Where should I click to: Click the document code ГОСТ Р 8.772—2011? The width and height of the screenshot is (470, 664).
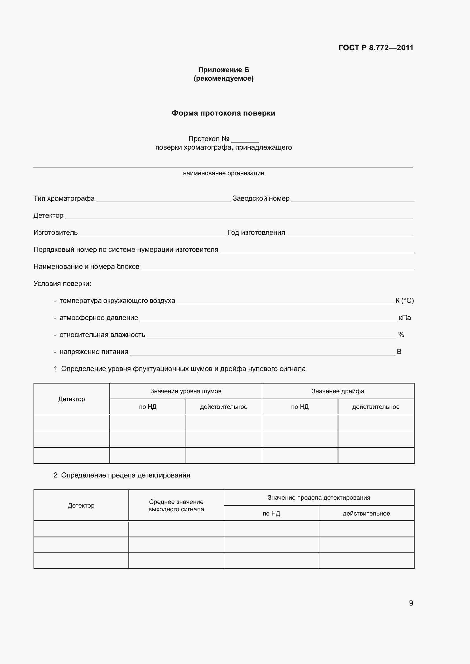click(x=376, y=48)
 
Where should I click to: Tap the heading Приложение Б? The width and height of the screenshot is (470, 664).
click(x=223, y=70)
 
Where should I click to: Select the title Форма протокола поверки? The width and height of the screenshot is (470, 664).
click(x=223, y=113)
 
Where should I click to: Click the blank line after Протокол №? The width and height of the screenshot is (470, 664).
click(x=245, y=140)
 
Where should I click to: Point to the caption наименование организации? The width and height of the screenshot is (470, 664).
click(x=223, y=173)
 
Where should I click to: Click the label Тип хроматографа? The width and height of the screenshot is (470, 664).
click(x=64, y=198)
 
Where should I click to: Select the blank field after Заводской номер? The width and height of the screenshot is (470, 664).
click(x=352, y=199)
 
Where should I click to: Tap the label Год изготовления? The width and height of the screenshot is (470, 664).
click(x=256, y=232)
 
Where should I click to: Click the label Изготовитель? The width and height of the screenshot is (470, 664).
click(x=56, y=232)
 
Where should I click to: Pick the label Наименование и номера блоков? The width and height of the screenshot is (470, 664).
click(x=86, y=267)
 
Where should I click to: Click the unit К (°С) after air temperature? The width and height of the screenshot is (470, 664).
click(x=405, y=301)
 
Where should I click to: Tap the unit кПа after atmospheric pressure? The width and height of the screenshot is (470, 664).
click(x=405, y=318)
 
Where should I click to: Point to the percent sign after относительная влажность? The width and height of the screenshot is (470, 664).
click(x=401, y=335)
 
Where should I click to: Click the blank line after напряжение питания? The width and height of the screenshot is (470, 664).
click(x=262, y=353)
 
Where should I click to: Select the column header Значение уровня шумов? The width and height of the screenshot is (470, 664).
click(x=186, y=391)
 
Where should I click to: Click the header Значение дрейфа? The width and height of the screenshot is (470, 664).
click(x=338, y=391)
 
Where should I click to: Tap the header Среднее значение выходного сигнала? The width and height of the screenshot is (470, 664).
click(x=176, y=506)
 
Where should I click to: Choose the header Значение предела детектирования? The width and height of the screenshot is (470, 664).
click(x=319, y=498)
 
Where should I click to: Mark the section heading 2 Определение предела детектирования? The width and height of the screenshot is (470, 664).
click(x=122, y=475)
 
